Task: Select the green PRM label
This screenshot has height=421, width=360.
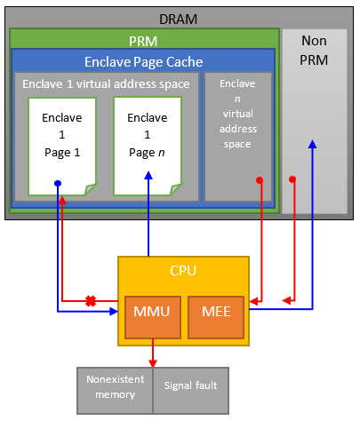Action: [x=144, y=42]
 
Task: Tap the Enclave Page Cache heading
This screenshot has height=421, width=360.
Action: [x=144, y=62]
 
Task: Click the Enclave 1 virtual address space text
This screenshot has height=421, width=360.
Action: [x=107, y=83]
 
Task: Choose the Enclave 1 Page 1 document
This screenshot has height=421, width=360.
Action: [x=60, y=142]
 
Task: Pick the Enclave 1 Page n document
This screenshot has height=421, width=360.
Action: [x=147, y=142]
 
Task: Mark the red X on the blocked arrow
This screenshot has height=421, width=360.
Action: [x=90, y=301]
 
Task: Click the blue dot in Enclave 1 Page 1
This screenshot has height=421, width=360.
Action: [x=58, y=183]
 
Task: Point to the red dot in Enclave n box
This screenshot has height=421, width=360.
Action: [x=260, y=180]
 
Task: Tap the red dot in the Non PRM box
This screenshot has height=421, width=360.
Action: [x=292, y=180]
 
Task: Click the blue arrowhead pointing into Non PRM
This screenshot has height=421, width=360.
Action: [x=313, y=145]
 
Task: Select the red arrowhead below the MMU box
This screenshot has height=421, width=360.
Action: [x=152, y=360]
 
